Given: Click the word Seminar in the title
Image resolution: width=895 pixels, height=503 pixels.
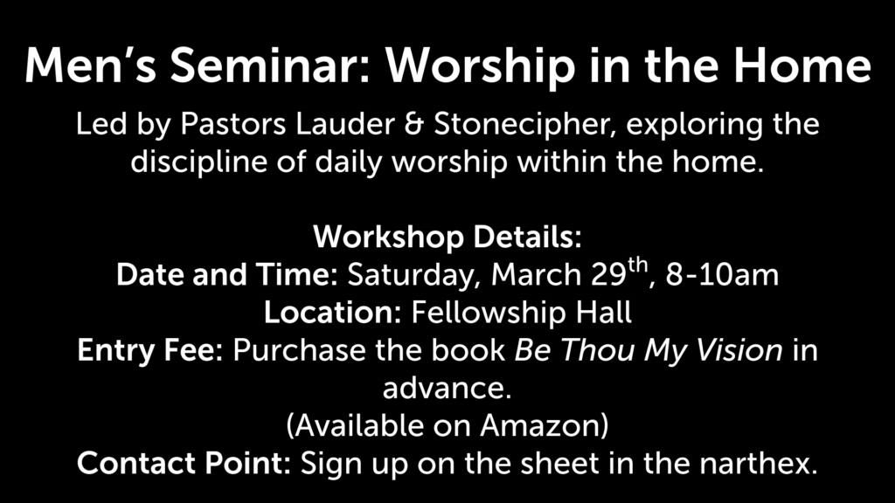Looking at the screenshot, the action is coord(270,65).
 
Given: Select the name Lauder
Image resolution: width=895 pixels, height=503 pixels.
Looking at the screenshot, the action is coord(344,124).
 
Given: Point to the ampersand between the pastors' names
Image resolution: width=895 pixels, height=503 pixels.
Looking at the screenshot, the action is coord(414,124).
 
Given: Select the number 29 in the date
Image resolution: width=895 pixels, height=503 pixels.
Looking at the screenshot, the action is coord(608,275).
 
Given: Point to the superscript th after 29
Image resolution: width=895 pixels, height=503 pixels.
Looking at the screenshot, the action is coord(638,266).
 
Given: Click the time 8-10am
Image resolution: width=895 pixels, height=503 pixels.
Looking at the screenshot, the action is coord(722,275).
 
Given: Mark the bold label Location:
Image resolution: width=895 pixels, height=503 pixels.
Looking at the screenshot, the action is coord(333,313).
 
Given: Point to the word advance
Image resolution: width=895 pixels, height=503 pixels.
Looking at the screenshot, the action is coord(447,388).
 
